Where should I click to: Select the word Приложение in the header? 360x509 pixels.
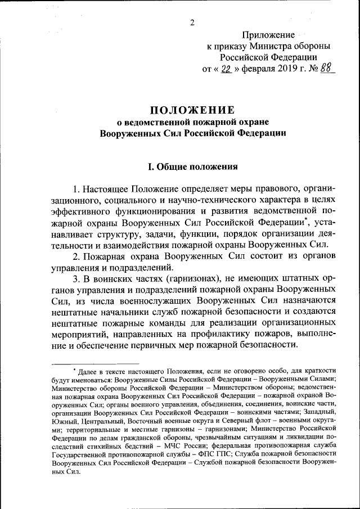[268, 35]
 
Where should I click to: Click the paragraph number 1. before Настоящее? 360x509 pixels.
[76, 187]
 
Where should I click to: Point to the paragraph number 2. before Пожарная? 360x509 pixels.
[76, 256]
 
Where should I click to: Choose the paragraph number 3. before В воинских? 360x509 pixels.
[76, 280]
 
